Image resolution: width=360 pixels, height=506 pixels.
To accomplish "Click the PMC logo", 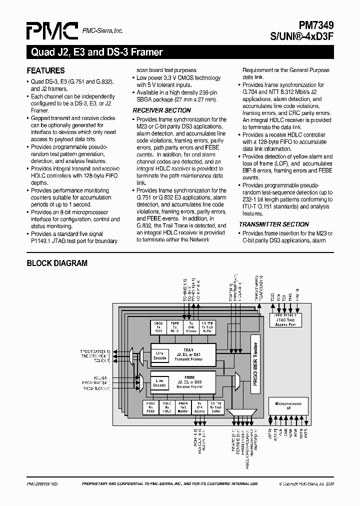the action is click(x=51, y=31).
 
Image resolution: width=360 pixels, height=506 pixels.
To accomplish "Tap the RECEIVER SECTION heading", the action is click(x=161, y=110).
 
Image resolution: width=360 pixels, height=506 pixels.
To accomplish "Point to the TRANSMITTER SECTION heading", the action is click(x=273, y=224).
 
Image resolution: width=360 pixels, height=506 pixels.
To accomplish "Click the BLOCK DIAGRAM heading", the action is click(x=57, y=263).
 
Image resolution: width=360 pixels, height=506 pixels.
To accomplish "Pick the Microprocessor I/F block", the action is click(x=285, y=405).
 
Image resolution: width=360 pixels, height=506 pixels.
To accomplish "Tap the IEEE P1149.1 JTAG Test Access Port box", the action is click(x=285, y=320).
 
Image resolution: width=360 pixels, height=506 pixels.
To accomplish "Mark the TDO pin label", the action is click(x=273, y=296).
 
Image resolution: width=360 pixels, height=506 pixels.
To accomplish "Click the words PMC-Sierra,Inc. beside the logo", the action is click(x=102, y=31).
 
